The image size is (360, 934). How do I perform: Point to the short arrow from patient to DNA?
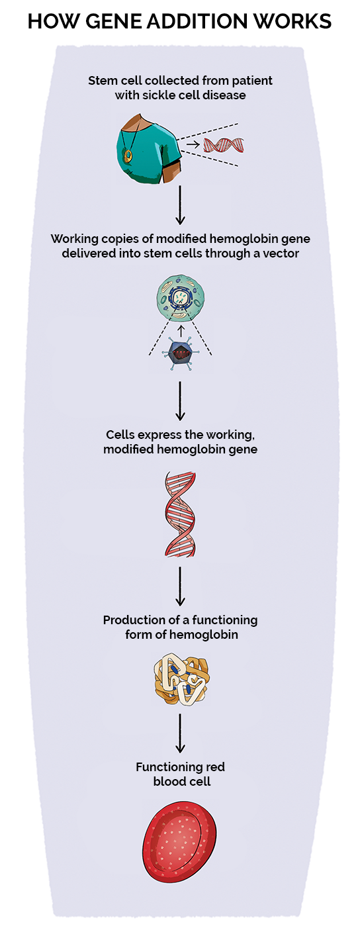(193, 143)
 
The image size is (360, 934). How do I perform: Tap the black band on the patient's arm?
(170, 163)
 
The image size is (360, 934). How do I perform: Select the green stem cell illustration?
(179, 295)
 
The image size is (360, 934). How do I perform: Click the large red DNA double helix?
(179, 514)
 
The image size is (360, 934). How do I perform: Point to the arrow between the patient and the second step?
(179, 205)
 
